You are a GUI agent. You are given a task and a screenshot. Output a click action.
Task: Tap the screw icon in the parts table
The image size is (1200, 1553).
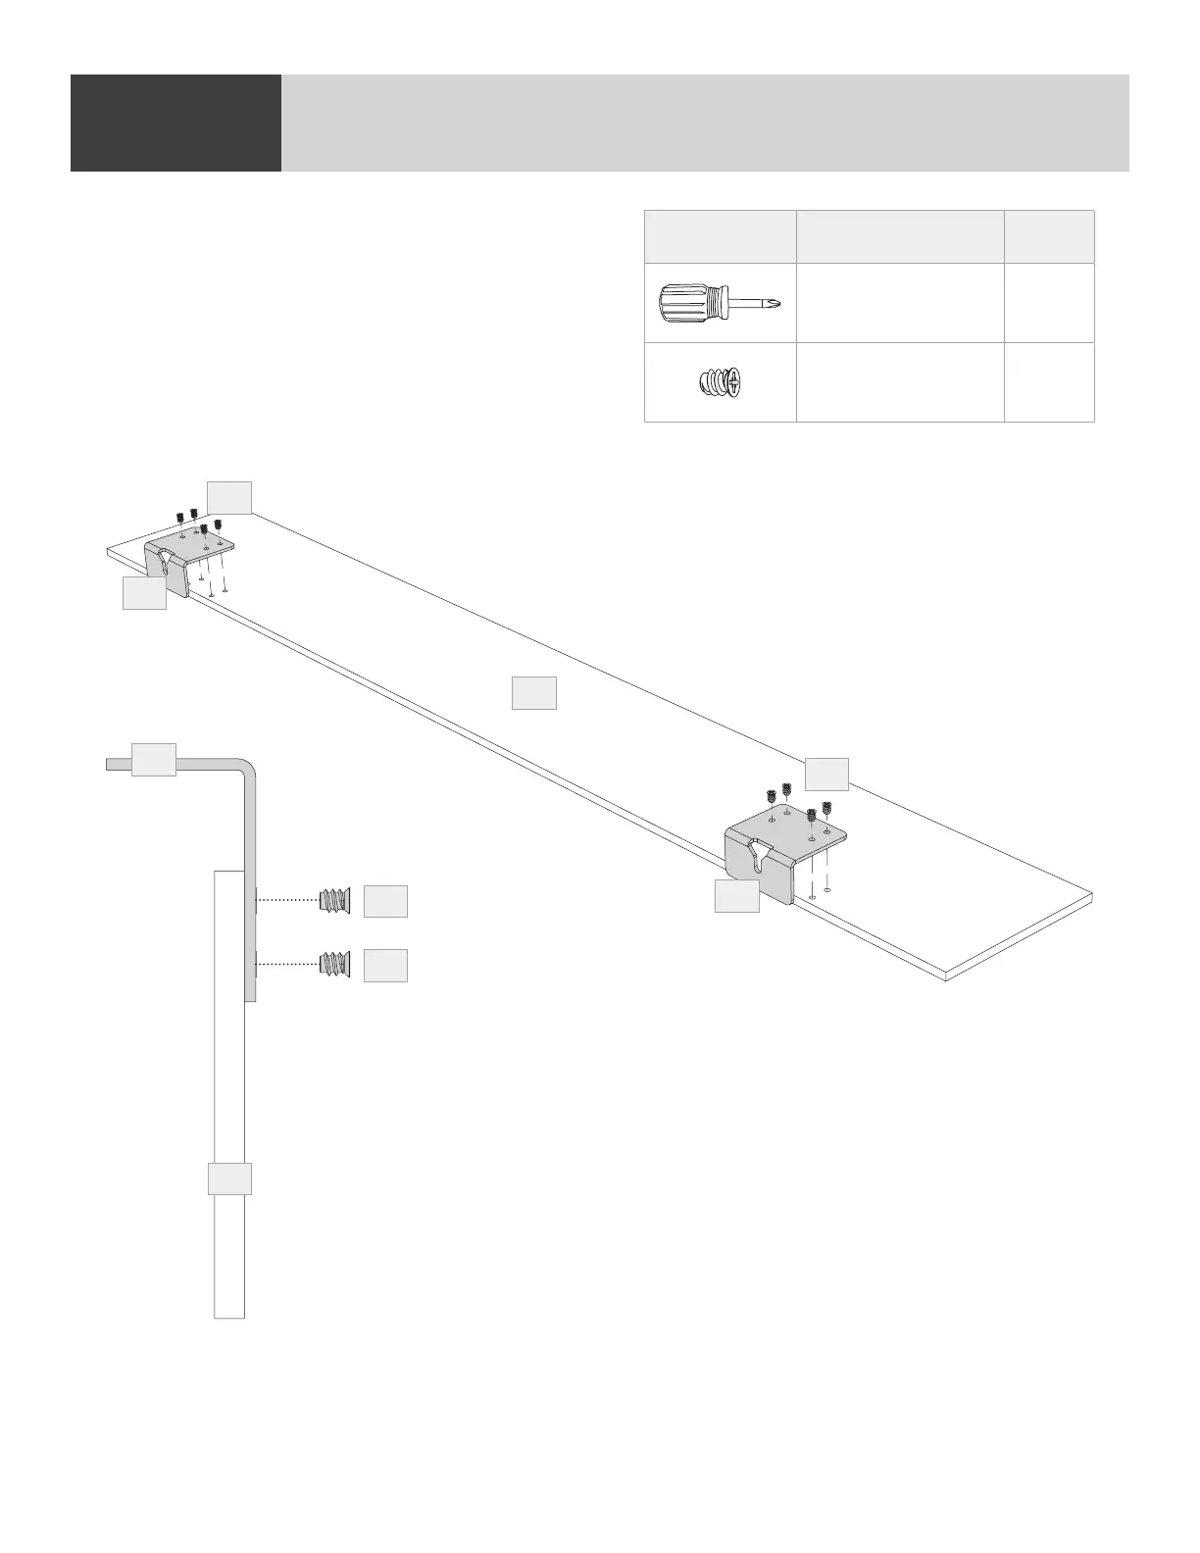click(719, 382)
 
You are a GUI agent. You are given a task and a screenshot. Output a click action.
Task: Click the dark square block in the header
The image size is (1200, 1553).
click(175, 123)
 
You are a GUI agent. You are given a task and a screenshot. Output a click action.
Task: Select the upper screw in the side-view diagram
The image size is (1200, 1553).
click(335, 900)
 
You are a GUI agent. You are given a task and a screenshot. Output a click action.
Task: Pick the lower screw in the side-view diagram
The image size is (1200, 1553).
click(335, 965)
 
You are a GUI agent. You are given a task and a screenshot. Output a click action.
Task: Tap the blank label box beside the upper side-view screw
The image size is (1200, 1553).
click(385, 901)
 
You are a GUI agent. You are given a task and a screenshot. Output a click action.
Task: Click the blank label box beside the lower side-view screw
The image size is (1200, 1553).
click(385, 966)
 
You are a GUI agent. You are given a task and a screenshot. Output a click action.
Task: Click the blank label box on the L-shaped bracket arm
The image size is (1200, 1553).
click(154, 760)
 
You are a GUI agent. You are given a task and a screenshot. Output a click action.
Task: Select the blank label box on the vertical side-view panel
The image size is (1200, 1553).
click(229, 1178)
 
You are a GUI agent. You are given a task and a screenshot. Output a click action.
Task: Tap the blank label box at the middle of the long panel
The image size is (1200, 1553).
click(534, 692)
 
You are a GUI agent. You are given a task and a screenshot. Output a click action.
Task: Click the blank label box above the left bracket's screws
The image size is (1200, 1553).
click(229, 497)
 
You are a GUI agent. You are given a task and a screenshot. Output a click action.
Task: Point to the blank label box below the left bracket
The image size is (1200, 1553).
click(144, 593)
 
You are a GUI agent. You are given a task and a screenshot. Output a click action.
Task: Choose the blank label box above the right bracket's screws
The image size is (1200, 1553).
click(826, 774)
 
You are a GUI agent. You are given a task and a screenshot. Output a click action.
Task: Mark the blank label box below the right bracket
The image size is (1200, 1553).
click(736, 896)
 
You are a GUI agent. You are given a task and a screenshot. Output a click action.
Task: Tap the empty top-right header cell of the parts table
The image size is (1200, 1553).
click(1049, 235)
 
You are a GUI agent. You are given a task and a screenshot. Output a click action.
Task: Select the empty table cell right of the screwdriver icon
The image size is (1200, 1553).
click(900, 302)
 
